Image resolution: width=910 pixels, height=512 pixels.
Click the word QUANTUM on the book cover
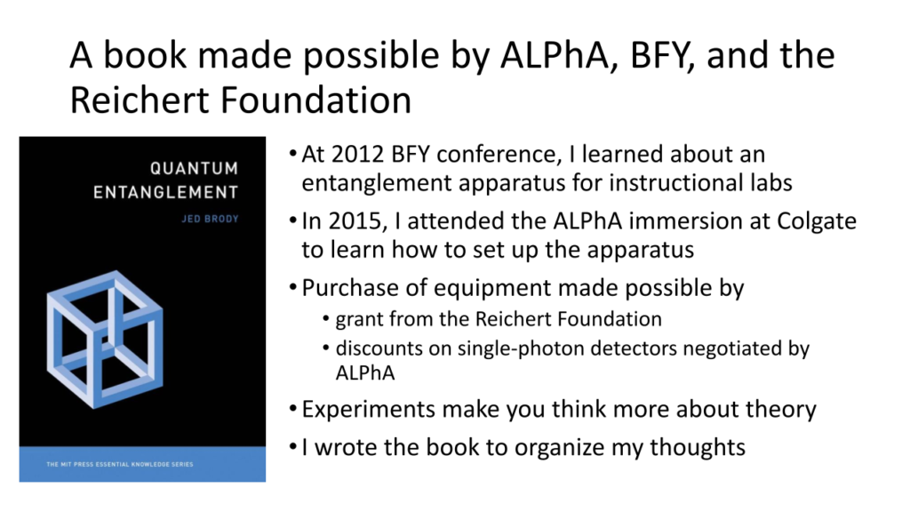[x=195, y=168]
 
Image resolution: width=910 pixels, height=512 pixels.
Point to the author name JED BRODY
[x=210, y=219]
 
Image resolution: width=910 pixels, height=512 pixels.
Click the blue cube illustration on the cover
[x=105, y=340]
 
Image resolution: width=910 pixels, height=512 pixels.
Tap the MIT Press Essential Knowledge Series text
[x=120, y=464]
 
